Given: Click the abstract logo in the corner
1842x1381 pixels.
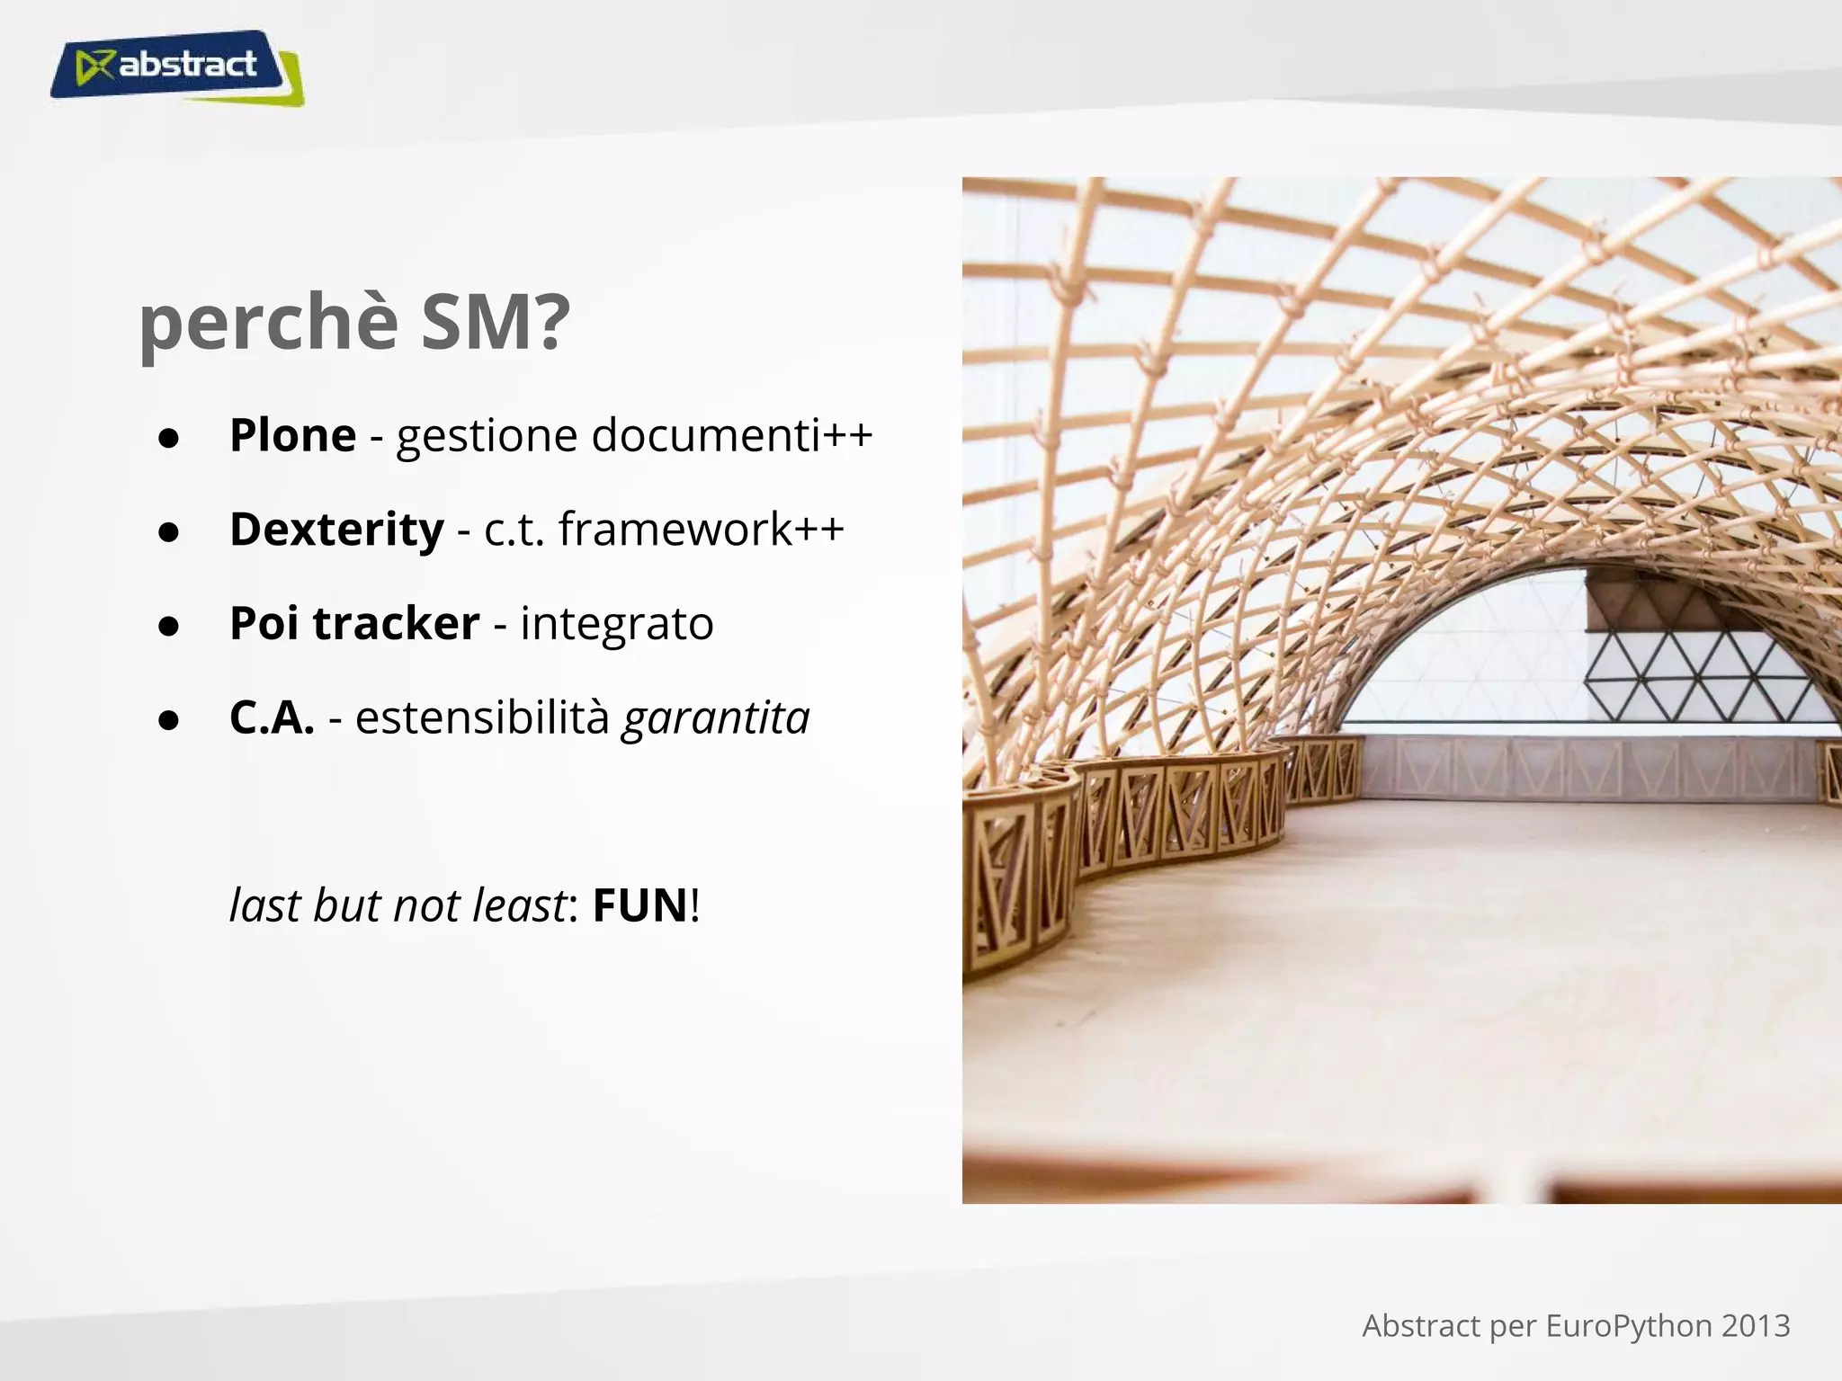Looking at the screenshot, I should tap(176, 67).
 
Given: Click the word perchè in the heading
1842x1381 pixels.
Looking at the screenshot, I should tap(268, 325).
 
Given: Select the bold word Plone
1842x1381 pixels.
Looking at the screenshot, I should tap(293, 435).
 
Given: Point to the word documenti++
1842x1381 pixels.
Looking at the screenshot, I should tap(732, 435).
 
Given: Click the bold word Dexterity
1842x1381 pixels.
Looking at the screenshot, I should tap(336, 529).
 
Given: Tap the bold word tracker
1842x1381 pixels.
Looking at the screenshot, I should tap(396, 623).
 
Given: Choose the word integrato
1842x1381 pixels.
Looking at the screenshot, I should tap(617, 623).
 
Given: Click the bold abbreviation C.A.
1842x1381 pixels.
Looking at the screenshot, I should tap(272, 717).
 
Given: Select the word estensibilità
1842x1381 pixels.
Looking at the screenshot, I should tap(482, 717).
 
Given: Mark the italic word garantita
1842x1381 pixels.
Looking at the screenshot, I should tap(716, 717).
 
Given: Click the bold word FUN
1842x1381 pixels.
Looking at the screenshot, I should tap(639, 905).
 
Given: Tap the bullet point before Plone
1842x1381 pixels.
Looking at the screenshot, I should tap(168, 439).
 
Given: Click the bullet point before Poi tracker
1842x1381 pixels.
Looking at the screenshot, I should tap(168, 627).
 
